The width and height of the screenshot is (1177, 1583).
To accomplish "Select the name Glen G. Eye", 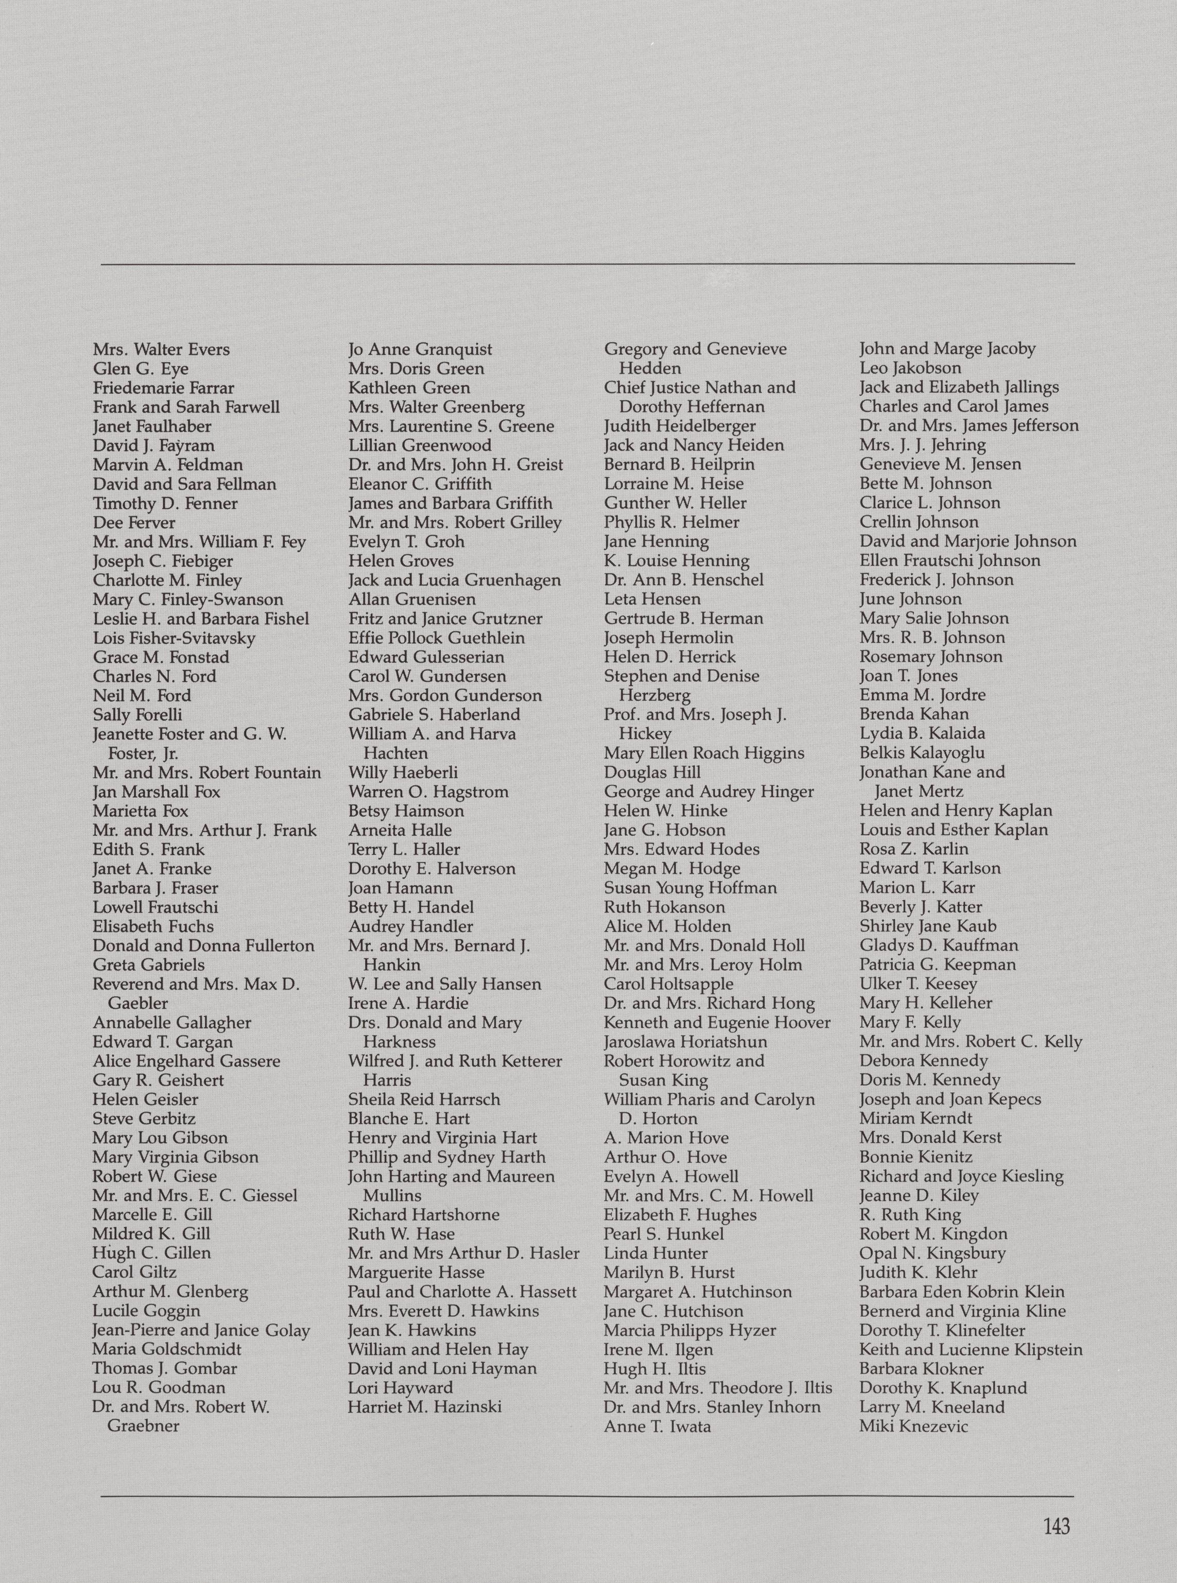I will [x=141, y=369].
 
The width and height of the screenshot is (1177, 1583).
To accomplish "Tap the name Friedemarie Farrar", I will [x=163, y=388].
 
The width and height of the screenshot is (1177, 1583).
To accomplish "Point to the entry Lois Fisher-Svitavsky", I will [x=174, y=639].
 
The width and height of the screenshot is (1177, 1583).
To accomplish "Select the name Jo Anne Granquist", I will [x=420, y=350].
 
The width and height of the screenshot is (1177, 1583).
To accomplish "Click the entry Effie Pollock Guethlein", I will [x=436, y=639].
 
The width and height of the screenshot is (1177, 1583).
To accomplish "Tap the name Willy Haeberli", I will [x=403, y=773].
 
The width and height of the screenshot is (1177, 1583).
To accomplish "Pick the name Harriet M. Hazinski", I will [x=425, y=1407].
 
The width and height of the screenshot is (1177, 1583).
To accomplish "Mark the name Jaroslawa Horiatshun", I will [x=685, y=1042].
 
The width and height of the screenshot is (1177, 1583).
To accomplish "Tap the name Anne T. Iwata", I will [x=657, y=1426].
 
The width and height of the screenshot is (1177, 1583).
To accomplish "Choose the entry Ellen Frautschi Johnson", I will [x=950, y=561].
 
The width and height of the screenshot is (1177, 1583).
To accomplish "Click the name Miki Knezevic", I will [x=913, y=1426].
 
